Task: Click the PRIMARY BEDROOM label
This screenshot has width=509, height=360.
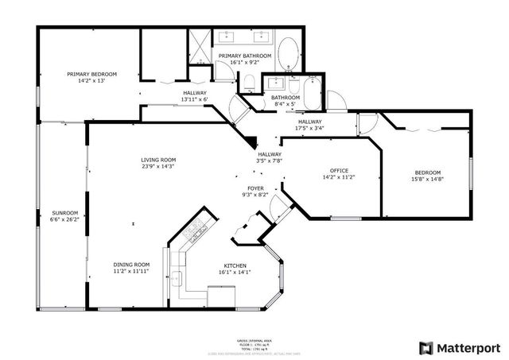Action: [91, 74]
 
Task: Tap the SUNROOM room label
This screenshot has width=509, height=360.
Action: [64, 213]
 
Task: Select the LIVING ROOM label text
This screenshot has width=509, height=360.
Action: [159, 159]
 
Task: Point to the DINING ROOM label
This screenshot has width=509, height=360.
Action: [131, 265]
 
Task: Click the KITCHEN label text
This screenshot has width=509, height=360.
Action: [235, 265]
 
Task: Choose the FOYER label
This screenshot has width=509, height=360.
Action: [254, 188]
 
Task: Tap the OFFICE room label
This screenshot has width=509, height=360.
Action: [340, 171]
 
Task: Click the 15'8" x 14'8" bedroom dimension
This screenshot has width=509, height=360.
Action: [427, 180]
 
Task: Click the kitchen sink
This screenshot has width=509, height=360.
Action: [178, 278]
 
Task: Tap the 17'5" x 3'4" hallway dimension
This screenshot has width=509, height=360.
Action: [311, 126]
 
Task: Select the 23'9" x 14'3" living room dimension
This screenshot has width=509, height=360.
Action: [159, 166]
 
